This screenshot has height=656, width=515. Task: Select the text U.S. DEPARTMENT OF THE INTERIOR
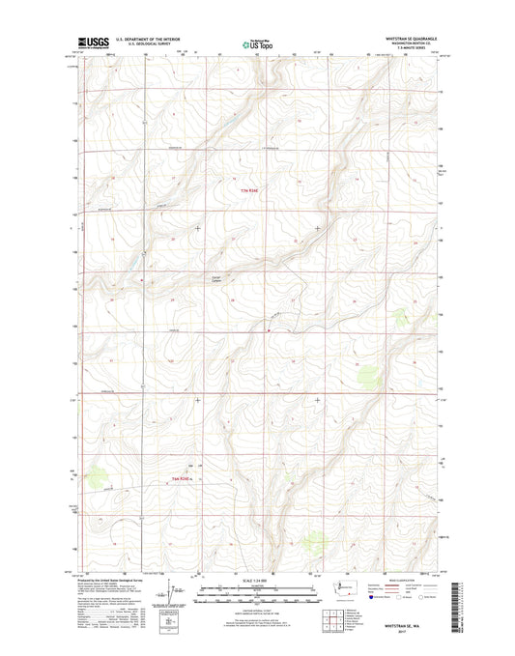[x=146, y=40]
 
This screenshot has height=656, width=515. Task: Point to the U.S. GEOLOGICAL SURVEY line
[x=146, y=45]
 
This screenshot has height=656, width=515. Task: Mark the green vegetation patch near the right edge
[x=366, y=371]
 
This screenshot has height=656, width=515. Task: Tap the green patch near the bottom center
[x=314, y=544]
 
